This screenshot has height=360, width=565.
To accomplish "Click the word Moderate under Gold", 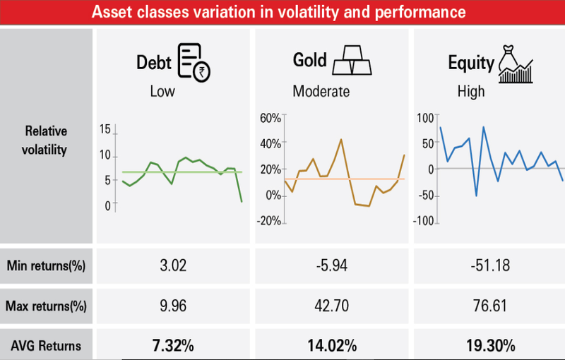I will [x=321, y=92].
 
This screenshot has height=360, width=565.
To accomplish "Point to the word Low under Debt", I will [x=162, y=92].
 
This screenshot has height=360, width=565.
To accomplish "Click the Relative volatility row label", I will [x=46, y=140].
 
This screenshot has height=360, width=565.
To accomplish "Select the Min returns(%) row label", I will [x=46, y=266].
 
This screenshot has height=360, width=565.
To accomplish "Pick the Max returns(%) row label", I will [x=46, y=306].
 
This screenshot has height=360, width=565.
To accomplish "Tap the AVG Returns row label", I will [x=46, y=346].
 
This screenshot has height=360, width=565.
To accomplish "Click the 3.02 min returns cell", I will [x=173, y=266].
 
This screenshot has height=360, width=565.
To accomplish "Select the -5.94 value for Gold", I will [x=331, y=266].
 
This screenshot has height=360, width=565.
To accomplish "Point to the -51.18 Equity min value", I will [x=489, y=266].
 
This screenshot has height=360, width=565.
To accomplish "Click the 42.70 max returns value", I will [x=331, y=306].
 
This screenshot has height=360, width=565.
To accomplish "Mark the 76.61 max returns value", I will [x=489, y=306].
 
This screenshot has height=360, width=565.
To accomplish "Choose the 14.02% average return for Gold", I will [x=331, y=346].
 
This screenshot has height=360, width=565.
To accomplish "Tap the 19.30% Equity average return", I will [x=489, y=346].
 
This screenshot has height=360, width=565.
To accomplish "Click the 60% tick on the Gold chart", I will [x=271, y=117].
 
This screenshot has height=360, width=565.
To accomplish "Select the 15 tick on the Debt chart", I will [x=106, y=130].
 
